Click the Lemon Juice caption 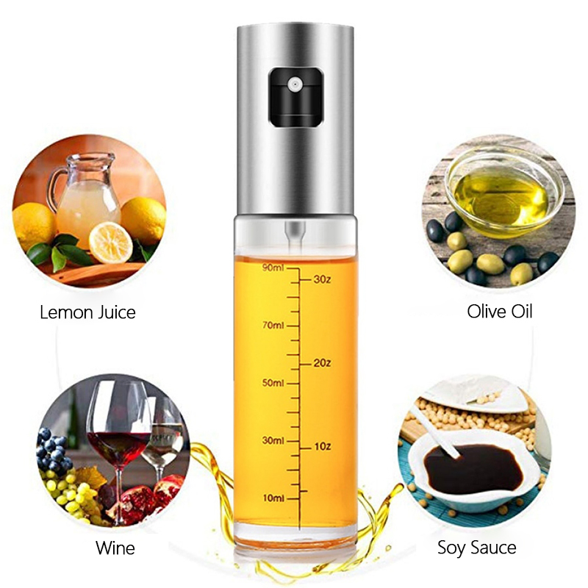[88, 312]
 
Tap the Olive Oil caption [500, 312]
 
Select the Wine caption [115, 548]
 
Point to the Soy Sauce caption [476, 548]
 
